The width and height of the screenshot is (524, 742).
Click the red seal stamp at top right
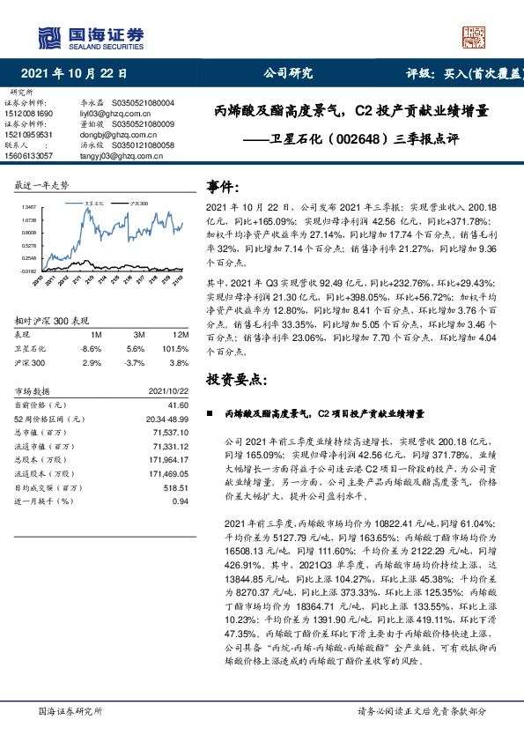click(476, 35)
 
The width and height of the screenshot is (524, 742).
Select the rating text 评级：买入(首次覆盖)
click(465, 74)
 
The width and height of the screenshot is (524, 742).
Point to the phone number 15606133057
click(28, 155)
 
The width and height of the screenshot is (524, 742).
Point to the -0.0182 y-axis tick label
click(28, 271)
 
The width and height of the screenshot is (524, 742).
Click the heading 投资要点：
click(235, 378)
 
